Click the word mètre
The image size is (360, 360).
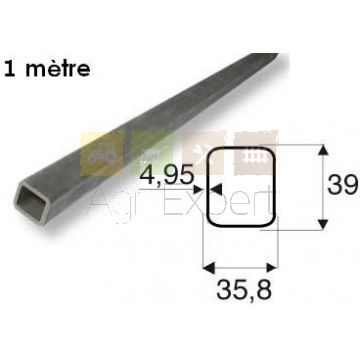pos(58,69)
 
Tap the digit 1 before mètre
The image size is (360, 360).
pos(10,69)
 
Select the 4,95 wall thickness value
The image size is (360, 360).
pos(167,175)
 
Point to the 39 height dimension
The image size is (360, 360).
pos(343,185)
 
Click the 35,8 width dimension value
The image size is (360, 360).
pos(244,289)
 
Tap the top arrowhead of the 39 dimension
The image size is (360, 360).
pos(322,150)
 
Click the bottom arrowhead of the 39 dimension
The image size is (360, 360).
pos(322,225)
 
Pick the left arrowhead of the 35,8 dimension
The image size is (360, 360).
pos(209,267)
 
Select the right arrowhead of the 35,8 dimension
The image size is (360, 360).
pos(272,267)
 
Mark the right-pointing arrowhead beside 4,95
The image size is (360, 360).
pos(199,190)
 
